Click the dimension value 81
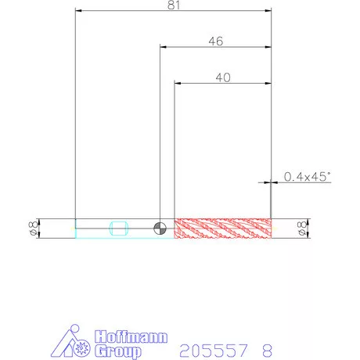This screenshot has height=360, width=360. pos(174,5)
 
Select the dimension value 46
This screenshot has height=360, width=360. pos(216,41)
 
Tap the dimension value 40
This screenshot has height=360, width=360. pos(223,77)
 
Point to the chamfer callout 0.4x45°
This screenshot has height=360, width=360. pos(307,177)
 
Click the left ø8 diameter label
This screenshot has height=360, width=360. pos(34,229)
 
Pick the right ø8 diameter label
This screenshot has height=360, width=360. pos(301,229)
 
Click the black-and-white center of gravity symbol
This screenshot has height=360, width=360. pos(160,229)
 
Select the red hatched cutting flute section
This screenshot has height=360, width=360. pos(223,229)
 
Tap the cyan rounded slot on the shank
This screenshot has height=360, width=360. pos(119,229)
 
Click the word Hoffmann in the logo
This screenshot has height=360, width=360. pos(131,337)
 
